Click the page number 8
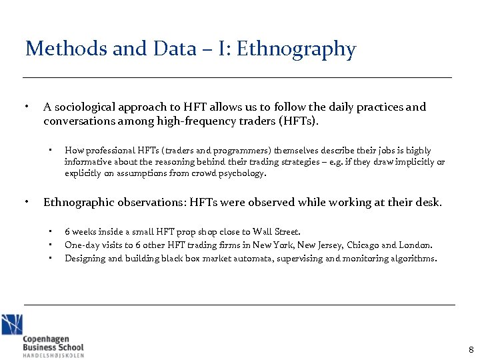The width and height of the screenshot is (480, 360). [471, 350]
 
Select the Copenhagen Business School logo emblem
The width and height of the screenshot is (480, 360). [11, 325]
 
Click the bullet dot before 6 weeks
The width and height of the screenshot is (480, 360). [50, 231]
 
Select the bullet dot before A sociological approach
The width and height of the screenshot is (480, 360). [26, 107]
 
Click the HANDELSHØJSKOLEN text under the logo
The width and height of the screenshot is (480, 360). [53, 355]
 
